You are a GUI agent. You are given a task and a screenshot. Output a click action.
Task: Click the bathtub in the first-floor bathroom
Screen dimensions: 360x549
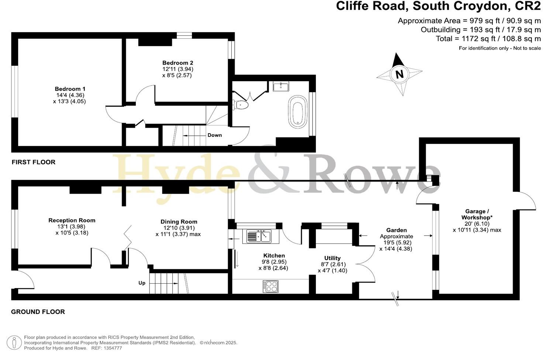297,112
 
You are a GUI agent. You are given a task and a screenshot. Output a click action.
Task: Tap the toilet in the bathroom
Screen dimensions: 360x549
241,105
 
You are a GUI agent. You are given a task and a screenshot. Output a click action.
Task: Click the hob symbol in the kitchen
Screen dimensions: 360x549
270,287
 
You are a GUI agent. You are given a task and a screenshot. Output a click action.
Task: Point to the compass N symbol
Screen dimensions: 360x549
399,74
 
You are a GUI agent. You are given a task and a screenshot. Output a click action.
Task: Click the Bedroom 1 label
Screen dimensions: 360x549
70,89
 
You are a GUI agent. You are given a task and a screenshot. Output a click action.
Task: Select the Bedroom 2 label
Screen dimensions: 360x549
177,63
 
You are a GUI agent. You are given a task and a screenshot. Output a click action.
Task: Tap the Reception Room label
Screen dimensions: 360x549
72,220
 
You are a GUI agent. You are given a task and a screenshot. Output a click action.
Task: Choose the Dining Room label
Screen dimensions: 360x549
179,222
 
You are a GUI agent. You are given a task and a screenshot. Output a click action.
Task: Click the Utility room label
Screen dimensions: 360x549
332,258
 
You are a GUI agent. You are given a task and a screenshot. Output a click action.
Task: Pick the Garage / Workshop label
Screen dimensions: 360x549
477,214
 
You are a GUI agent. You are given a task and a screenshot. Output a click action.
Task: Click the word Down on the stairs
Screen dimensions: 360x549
214,135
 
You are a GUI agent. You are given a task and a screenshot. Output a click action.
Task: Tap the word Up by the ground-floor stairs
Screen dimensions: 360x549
142,283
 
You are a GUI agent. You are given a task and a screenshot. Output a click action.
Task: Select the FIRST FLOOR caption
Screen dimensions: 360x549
34,162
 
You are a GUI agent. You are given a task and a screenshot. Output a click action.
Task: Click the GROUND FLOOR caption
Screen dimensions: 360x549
38,312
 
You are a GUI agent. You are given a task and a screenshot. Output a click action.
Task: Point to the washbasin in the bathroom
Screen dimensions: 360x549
281,87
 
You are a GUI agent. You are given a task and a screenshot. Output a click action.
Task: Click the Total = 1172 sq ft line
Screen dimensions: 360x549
488,39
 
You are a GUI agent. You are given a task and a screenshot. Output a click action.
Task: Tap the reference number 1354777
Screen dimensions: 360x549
112,348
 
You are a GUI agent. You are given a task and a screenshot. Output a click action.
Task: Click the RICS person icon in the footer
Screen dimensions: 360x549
15,342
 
